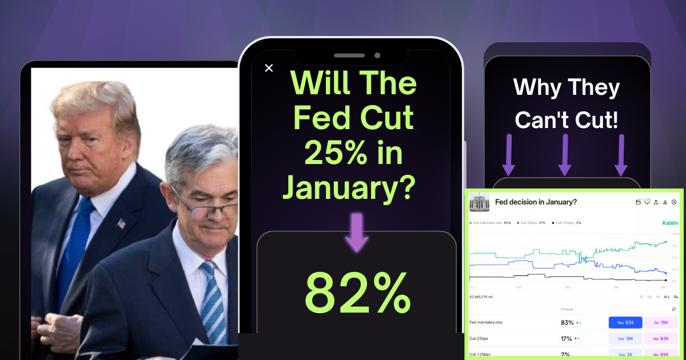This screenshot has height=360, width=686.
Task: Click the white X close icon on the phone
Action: coord(269,68)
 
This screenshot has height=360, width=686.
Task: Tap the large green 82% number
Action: coord(357,293)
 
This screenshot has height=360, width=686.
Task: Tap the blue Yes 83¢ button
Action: coord(625,323)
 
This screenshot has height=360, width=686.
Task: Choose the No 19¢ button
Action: coord(661,323)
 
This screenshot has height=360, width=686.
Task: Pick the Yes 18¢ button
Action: coord(625,339)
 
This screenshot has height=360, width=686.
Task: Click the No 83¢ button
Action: coord(661,339)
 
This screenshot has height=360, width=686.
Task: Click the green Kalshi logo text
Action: coord(669,223)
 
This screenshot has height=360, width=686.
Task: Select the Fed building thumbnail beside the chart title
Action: coord(479,202)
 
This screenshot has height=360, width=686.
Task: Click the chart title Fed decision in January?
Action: coord(536,202)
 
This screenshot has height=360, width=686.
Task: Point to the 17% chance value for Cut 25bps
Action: coord(567,339)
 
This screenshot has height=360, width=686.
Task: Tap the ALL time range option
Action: coord(667,297)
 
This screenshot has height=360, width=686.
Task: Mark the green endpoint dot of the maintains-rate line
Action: coord(666,242)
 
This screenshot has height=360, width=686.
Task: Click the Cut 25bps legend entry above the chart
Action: coord(532,223)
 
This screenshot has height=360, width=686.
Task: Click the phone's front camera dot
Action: coord(377,55)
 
